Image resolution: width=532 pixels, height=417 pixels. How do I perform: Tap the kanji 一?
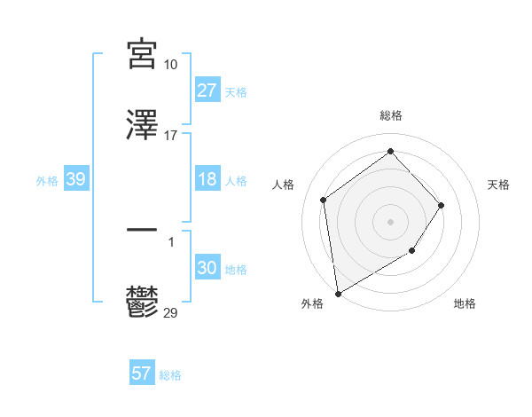click(142, 230)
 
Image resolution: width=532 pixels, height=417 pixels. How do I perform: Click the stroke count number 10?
click(171, 64)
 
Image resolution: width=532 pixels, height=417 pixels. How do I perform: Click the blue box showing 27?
click(207, 90)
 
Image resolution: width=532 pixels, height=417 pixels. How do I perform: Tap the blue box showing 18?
click(207, 179)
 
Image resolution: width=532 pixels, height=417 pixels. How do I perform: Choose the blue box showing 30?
click(207, 268)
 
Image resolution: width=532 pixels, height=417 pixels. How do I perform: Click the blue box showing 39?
click(75, 179)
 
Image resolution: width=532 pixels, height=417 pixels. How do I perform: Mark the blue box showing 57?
click(141, 374)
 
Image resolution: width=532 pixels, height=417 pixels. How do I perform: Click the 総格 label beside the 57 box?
click(170, 375)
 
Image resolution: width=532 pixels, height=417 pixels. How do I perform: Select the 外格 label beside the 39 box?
click(47, 180)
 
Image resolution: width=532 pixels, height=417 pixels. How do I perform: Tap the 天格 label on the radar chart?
click(498, 185)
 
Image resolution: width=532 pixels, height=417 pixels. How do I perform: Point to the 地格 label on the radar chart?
click(465, 303)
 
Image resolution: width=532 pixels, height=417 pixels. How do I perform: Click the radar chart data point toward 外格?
click(338, 293)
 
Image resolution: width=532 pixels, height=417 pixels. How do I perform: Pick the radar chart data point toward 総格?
click(390, 152)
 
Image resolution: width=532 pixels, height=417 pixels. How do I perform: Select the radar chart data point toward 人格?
click(324, 200)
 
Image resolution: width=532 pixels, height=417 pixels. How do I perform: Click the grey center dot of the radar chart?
click(390, 221)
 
